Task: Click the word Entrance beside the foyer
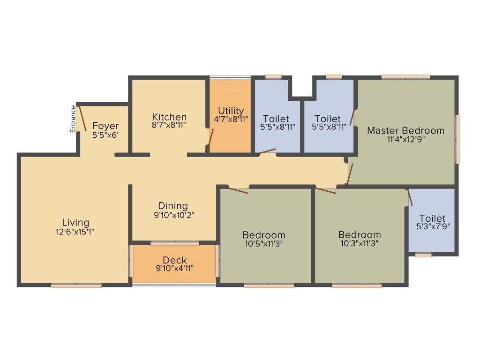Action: (x=73, y=119)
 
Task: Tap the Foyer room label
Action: (x=105, y=126)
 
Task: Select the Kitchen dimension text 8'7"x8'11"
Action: (x=169, y=126)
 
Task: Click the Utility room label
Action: (x=231, y=111)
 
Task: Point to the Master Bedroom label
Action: (x=405, y=130)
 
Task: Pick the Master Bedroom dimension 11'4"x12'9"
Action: (x=406, y=139)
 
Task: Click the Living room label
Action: (x=75, y=222)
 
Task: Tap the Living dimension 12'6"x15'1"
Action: (x=75, y=231)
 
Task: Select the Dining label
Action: (x=172, y=206)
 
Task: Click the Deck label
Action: (x=175, y=260)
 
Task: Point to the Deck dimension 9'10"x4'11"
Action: (x=175, y=269)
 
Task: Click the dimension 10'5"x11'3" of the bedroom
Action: (x=263, y=243)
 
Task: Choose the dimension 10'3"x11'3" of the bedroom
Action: (x=360, y=243)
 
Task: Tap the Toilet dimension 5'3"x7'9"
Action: (x=432, y=227)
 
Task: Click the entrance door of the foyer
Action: (x=82, y=118)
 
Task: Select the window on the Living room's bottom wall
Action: (x=76, y=285)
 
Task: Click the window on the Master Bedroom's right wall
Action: (x=457, y=139)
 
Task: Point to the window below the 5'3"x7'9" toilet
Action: (x=423, y=255)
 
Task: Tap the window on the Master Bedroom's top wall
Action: (x=405, y=76)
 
